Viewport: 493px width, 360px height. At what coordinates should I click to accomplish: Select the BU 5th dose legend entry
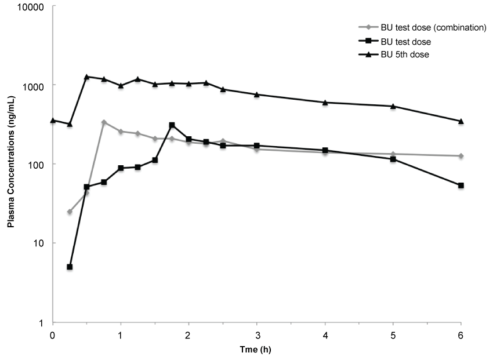tap(403, 54)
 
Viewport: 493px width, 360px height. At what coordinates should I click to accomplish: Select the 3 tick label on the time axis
tap(257, 335)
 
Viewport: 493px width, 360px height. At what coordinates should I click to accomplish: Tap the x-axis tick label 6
tap(461, 335)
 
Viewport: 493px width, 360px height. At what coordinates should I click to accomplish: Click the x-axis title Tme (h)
tap(256, 350)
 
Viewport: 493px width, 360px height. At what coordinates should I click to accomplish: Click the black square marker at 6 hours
tap(461, 186)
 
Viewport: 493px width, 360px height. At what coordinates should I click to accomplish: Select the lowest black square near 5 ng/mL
tap(70, 267)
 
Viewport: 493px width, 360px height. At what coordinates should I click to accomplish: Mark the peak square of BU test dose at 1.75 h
tap(172, 125)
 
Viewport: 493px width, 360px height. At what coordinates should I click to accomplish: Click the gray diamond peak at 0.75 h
tap(104, 122)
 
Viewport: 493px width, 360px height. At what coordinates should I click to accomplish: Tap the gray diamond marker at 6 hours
tap(461, 156)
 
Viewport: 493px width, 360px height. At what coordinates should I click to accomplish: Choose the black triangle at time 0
tap(53, 120)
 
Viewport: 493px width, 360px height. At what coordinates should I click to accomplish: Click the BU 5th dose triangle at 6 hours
tap(461, 121)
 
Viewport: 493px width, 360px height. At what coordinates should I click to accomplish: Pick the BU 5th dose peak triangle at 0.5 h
tap(86, 77)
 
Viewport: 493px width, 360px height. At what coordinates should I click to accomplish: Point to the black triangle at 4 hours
tap(325, 102)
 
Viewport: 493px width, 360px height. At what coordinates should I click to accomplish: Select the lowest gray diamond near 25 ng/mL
tap(70, 212)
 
